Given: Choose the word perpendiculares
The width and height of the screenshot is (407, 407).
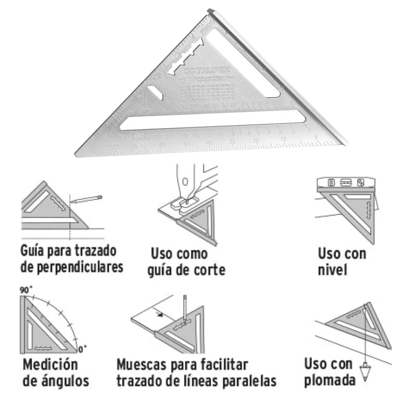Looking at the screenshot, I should pyautogui.click(x=72, y=268).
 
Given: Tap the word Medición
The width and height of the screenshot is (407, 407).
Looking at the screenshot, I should pyautogui.click(x=50, y=365).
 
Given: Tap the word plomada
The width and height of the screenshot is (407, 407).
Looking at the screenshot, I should pyautogui.click(x=330, y=381).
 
